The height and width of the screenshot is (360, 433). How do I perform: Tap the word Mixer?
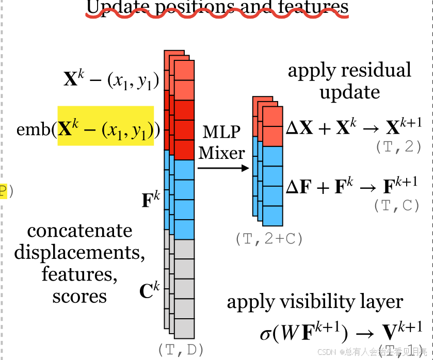[221, 152]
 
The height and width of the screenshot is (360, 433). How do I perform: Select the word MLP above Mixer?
[221, 132]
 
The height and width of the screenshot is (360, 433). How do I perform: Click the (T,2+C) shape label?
[268, 239]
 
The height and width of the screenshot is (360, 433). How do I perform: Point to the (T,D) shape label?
[180, 349]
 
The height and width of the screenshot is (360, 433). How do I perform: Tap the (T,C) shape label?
[396, 205]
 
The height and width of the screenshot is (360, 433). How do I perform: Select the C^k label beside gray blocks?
[150, 291]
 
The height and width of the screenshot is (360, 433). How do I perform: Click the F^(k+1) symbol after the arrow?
[401, 185]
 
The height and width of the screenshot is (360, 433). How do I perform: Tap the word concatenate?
[79, 231]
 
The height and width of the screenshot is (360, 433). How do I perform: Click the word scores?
[79, 297]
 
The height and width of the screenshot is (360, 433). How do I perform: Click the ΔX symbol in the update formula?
[299, 128]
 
